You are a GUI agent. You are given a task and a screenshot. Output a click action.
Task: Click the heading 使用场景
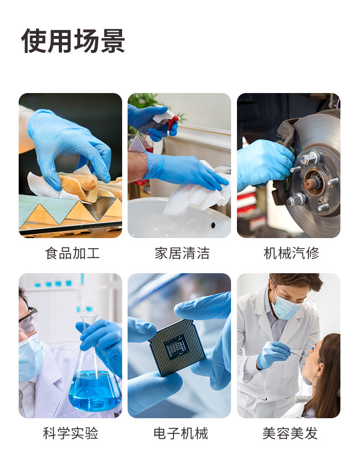coord(73,41)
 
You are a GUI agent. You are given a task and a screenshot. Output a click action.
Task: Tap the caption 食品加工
coord(72,253)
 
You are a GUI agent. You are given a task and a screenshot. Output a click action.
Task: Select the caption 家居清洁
coord(182,253)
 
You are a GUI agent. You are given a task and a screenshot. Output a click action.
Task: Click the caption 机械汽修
coord(291,253)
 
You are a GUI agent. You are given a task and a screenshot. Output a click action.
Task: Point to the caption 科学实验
coord(71,433)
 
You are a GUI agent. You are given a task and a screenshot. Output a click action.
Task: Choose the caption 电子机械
coord(181,433)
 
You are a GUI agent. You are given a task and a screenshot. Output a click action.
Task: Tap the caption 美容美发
coord(290,433)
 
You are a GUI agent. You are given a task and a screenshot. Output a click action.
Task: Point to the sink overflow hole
coord(213,225)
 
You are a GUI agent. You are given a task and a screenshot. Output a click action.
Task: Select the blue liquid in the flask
coord(95,390)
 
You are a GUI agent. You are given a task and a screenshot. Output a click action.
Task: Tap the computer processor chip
coord(177,348)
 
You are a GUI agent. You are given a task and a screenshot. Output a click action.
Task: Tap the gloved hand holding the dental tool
coord(273,354)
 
